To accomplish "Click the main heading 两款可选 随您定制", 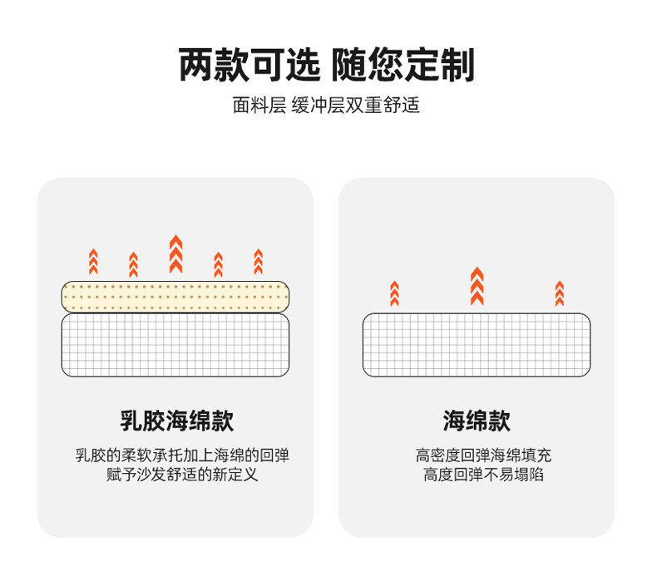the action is pos(327,65).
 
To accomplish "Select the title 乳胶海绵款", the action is pos(175,421).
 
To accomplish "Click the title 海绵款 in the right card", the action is pos(477,421).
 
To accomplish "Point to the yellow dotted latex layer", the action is pos(175,297).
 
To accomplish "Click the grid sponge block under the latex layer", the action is pos(175,343).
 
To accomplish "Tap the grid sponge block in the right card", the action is pos(477,344).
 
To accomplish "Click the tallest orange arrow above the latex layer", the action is pos(175,254).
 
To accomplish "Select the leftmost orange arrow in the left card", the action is pos(93,262).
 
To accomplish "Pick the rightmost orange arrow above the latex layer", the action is pos(258,262).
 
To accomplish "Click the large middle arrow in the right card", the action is pos(477,285).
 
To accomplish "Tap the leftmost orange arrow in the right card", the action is pos(394,293).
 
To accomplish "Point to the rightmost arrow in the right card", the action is pos(559,293).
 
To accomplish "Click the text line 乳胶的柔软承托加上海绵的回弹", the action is pos(175,455).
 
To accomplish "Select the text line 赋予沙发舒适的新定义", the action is pos(175,475).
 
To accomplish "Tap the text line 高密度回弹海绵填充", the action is pos(477,455).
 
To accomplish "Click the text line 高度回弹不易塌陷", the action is pos(477,475).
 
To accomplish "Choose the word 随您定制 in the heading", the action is pos(404,65).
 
